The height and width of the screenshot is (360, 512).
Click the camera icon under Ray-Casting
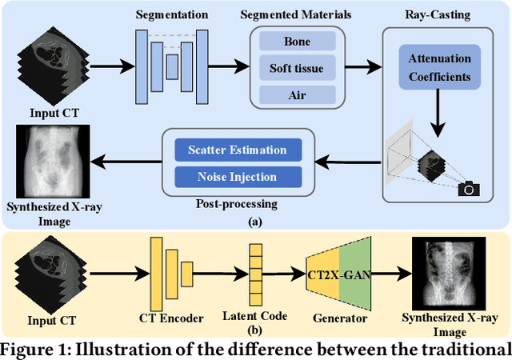tap(468, 188)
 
